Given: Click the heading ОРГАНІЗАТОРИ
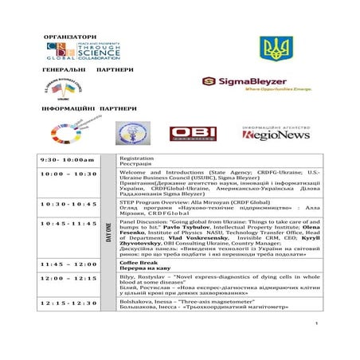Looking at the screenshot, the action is (x=69, y=37).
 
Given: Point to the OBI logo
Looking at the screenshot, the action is (x=192, y=134).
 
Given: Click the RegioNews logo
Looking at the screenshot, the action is (x=276, y=133).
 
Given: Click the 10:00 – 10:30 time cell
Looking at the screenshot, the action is (x=68, y=174).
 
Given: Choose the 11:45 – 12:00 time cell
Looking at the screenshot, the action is (x=68, y=264).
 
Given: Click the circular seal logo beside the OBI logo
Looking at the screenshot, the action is (x=132, y=133).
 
